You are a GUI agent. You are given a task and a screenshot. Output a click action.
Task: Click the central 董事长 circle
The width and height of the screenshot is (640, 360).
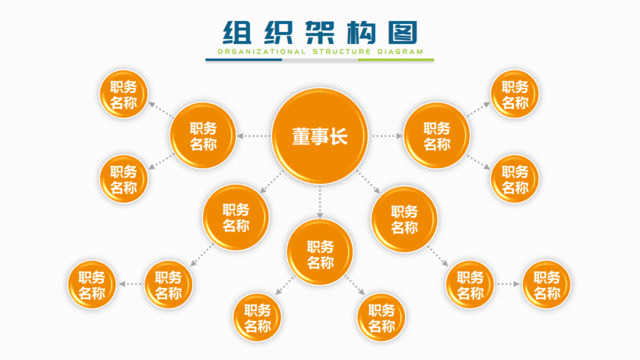pos(319,135)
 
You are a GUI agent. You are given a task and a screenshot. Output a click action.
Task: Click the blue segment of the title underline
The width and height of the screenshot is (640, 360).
pos(244,60)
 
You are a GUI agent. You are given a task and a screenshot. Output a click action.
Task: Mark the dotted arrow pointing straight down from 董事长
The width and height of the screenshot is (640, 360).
pos(320,202)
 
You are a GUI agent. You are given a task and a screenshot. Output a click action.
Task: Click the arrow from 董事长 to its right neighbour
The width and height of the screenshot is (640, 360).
pos(385,135)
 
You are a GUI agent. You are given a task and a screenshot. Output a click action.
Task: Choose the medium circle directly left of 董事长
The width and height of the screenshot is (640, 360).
pos(203,136)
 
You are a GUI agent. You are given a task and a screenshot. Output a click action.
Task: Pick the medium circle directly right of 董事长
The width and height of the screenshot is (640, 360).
pos(437,136)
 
